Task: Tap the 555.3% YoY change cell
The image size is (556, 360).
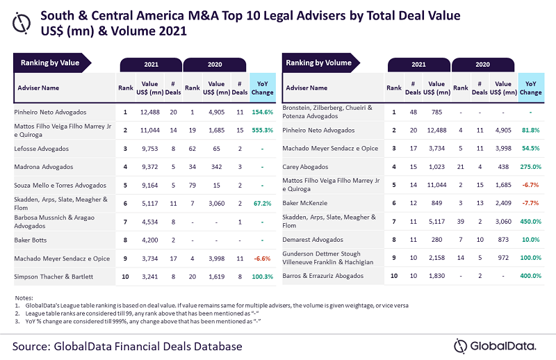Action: pos(261,130)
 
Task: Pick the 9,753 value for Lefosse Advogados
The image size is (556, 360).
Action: pos(151,148)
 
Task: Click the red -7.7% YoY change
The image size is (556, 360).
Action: pos(531,202)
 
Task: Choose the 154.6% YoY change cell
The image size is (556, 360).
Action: pos(261,111)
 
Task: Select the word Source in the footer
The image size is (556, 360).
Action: pos(35,345)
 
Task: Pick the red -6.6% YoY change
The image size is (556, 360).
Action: pos(262,259)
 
